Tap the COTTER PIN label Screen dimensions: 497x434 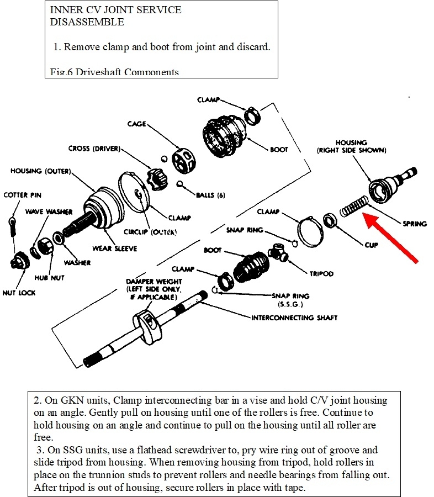pyautogui.click(x=23, y=195)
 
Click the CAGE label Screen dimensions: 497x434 pyautogui.click(x=137, y=124)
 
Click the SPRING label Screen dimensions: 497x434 pyautogui.click(x=414, y=224)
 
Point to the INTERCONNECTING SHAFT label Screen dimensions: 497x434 pyautogui.click(x=294, y=318)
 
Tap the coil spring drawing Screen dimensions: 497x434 pyautogui.click(x=352, y=209)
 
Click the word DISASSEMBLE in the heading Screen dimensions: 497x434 pyautogui.click(x=87, y=23)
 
